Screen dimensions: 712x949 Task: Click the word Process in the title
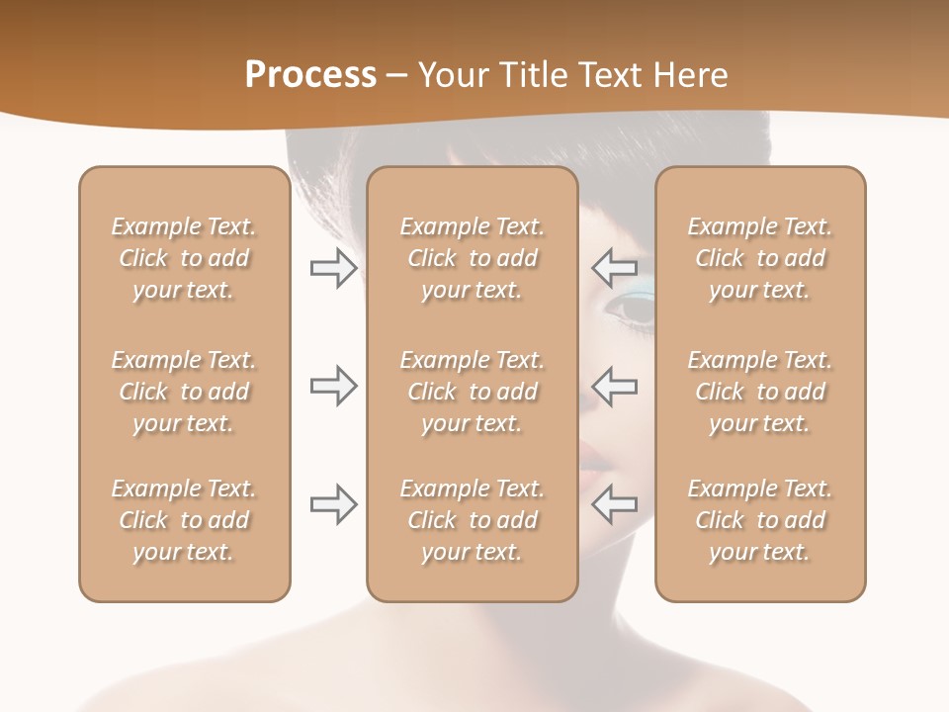tap(310, 75)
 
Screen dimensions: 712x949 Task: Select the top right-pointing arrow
tap(333, 268)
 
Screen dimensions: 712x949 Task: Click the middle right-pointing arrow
tap(333, 386)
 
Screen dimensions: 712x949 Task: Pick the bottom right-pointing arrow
tap(333, 504)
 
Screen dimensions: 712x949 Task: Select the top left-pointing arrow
tap(614, 268)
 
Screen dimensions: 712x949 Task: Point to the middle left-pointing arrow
tap(614, 386)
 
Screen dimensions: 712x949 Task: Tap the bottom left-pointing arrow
tap(614, 504)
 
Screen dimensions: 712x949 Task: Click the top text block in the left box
tap(184, 258)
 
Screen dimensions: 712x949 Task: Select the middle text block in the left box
tap(184, 392)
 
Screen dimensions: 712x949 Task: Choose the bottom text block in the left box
tap(184, 520)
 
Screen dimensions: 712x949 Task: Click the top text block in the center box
tap(472, 258)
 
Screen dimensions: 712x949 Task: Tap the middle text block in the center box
tap(472, 392)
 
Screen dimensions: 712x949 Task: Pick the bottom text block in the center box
tap(472, 520)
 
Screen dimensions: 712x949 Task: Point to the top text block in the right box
tap(760, 258)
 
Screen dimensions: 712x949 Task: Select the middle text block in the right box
tap(760, 392)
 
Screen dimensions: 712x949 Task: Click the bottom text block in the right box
tap(760, 520)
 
